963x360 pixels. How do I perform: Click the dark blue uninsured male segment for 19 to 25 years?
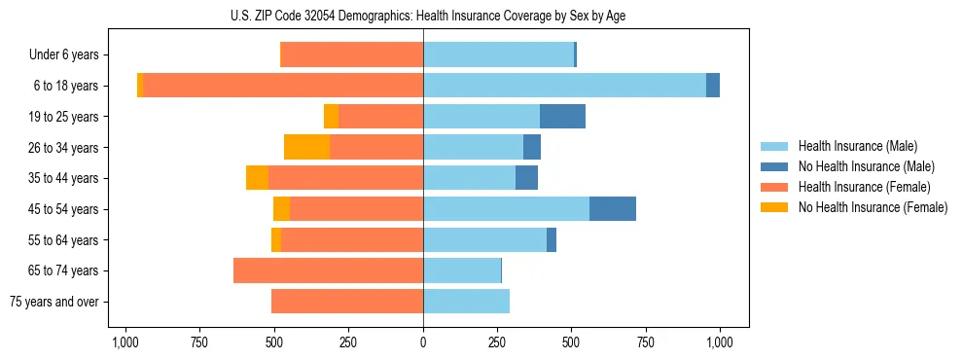pos(562,117)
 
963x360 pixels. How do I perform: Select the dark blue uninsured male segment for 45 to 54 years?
pos(613,209)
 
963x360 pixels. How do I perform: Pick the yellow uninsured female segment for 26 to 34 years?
pos(306,148)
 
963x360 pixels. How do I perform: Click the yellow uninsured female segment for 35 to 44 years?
pos(257,178)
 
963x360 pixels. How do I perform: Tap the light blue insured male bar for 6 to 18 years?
pos(564,86)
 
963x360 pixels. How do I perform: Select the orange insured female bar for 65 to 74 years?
pos(328,270)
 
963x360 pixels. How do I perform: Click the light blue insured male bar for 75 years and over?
pos(466,302)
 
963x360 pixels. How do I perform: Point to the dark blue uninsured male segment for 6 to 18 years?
pos(713,86)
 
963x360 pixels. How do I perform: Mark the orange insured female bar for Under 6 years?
pos(351,55)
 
